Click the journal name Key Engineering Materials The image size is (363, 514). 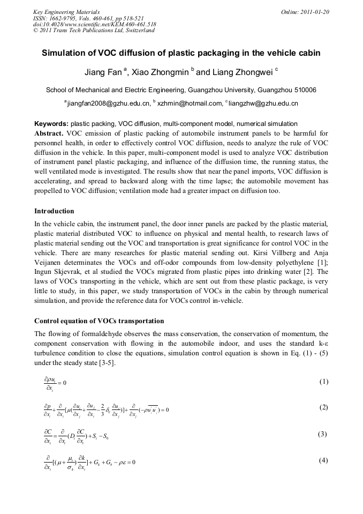pos(66,11)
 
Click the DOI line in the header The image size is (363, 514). pos(95,24)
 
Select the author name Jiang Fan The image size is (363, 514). pos(103,72)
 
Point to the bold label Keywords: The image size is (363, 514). pos(51,124)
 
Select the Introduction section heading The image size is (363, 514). pos(54,211)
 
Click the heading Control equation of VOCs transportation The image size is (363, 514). pos(99,321)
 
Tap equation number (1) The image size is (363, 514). pos(323,382)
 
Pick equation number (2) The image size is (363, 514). pos(323,407)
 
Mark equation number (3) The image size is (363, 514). pos(323,434)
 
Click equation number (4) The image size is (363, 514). pos(323,460)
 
